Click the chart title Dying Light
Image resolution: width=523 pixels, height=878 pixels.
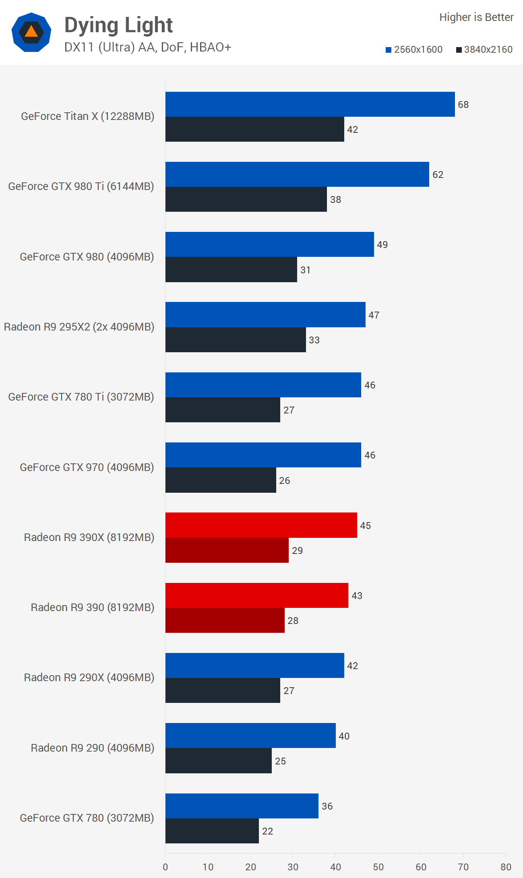[x=118, y=25]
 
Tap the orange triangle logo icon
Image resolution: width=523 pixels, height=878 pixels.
[x=31, y=32]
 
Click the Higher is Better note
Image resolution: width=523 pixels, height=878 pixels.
[x=476, y=17]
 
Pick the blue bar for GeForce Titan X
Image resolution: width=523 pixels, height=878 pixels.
[x=310, y=104]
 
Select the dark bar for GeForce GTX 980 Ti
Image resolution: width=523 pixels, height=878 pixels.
[x=246, y=199]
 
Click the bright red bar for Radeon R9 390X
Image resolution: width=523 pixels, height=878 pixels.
[x=261, y=525]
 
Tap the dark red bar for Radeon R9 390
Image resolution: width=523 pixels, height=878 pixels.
[x=225, y=620]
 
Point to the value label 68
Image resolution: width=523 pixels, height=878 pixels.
[x=463, y=105]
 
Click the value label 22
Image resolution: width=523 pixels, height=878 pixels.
[x=267, y=831]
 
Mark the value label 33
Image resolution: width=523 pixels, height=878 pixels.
[x=314, y=340]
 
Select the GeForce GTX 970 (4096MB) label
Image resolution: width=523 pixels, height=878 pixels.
[x=87, y=467]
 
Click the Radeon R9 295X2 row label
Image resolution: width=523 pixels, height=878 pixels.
[x=79, y=327]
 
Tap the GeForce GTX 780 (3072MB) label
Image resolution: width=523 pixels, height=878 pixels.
[x=87, y=818]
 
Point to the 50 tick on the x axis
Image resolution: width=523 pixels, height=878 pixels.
[x=378, y=867]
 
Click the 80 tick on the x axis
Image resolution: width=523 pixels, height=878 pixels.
[x=506, y=867]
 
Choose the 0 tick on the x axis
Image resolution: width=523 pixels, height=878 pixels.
[x=165, y=867]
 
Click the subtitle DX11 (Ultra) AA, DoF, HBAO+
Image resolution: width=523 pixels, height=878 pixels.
[x=148, y=48]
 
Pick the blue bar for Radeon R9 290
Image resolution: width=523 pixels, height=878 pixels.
[x=250, y=735]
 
